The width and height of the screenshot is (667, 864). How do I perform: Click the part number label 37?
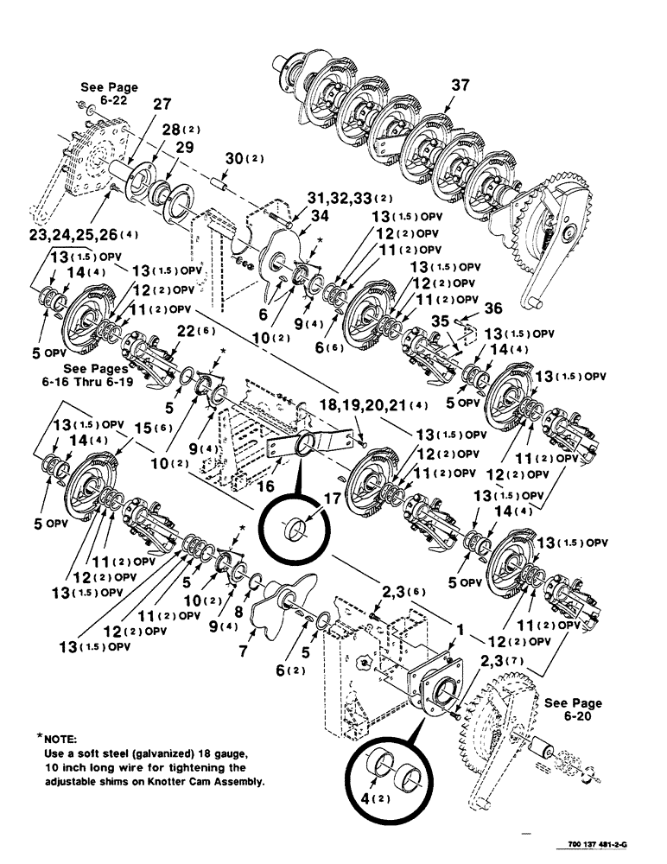tap(461, 85)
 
